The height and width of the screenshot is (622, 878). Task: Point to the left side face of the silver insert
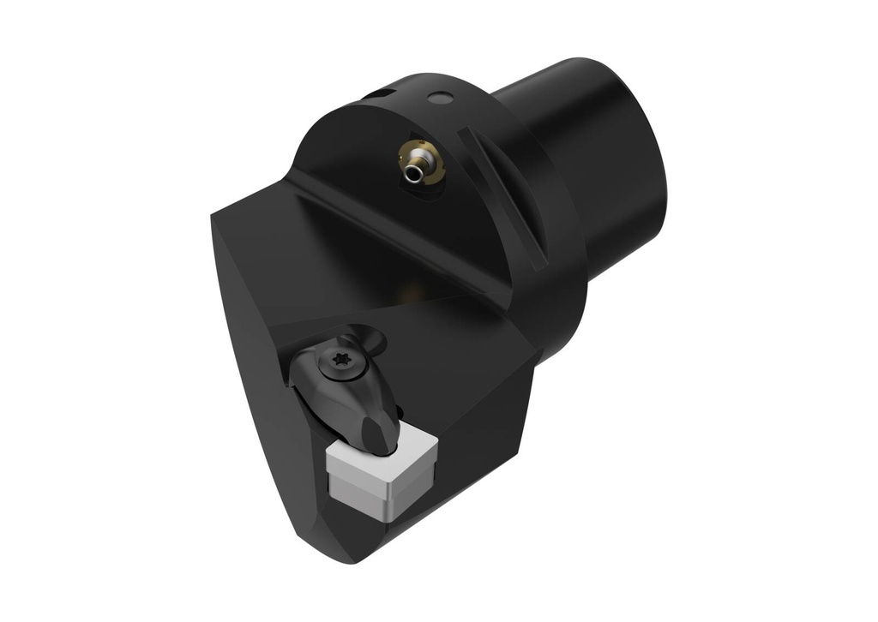pos(350,486)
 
